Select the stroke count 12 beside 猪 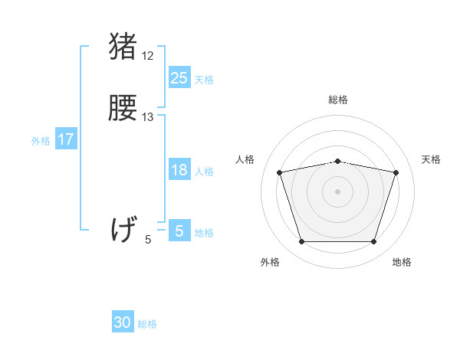[x=148, y=56]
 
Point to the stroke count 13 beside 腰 [x=148, y=117]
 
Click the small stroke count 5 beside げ [x=148, y=240]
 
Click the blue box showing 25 [x=179, y=77]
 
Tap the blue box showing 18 [x=179, y=170]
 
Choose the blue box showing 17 [x=65, y=139]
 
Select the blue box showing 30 [x=123, y=322]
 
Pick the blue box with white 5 [x=179, y=231]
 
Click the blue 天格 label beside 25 [x=204, y=79]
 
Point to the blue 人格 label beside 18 [x=204, y=172]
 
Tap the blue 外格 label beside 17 [x=41, y=141]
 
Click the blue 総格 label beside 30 [x=147, y=324]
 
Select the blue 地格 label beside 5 [x=204, y=232]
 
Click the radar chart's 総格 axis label [x=338, y=100]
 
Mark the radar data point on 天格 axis [x=396, y=172]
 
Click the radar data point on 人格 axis [x=280, y=172]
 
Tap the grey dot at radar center [x=338, y=191]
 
